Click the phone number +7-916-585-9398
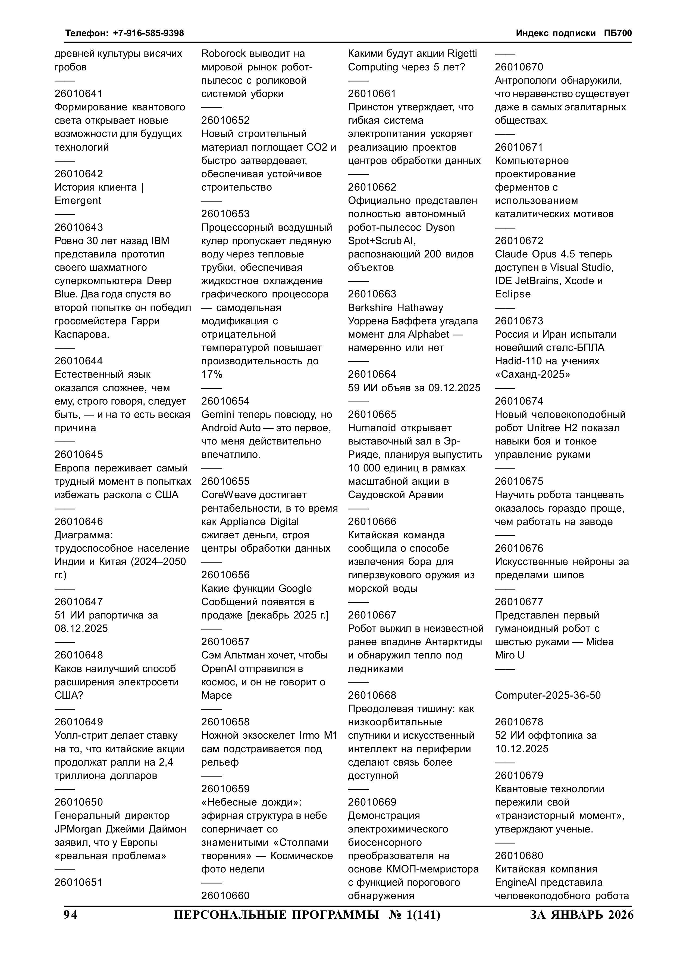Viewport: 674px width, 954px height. click(148, 33)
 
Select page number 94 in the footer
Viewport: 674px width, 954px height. click(71, 915)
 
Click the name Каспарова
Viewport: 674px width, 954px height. click(82, 334)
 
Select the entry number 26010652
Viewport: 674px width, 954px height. click(225, 120)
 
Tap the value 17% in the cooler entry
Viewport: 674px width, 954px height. click(212, 374)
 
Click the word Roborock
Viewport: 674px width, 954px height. click(224, 54)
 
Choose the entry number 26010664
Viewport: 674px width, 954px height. click(372, 374)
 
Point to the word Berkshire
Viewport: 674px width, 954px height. click(371, 307)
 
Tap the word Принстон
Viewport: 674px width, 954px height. click(371, 107)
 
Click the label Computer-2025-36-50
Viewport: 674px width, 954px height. click(548, 695)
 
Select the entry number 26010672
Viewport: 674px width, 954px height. click(519, 241)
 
